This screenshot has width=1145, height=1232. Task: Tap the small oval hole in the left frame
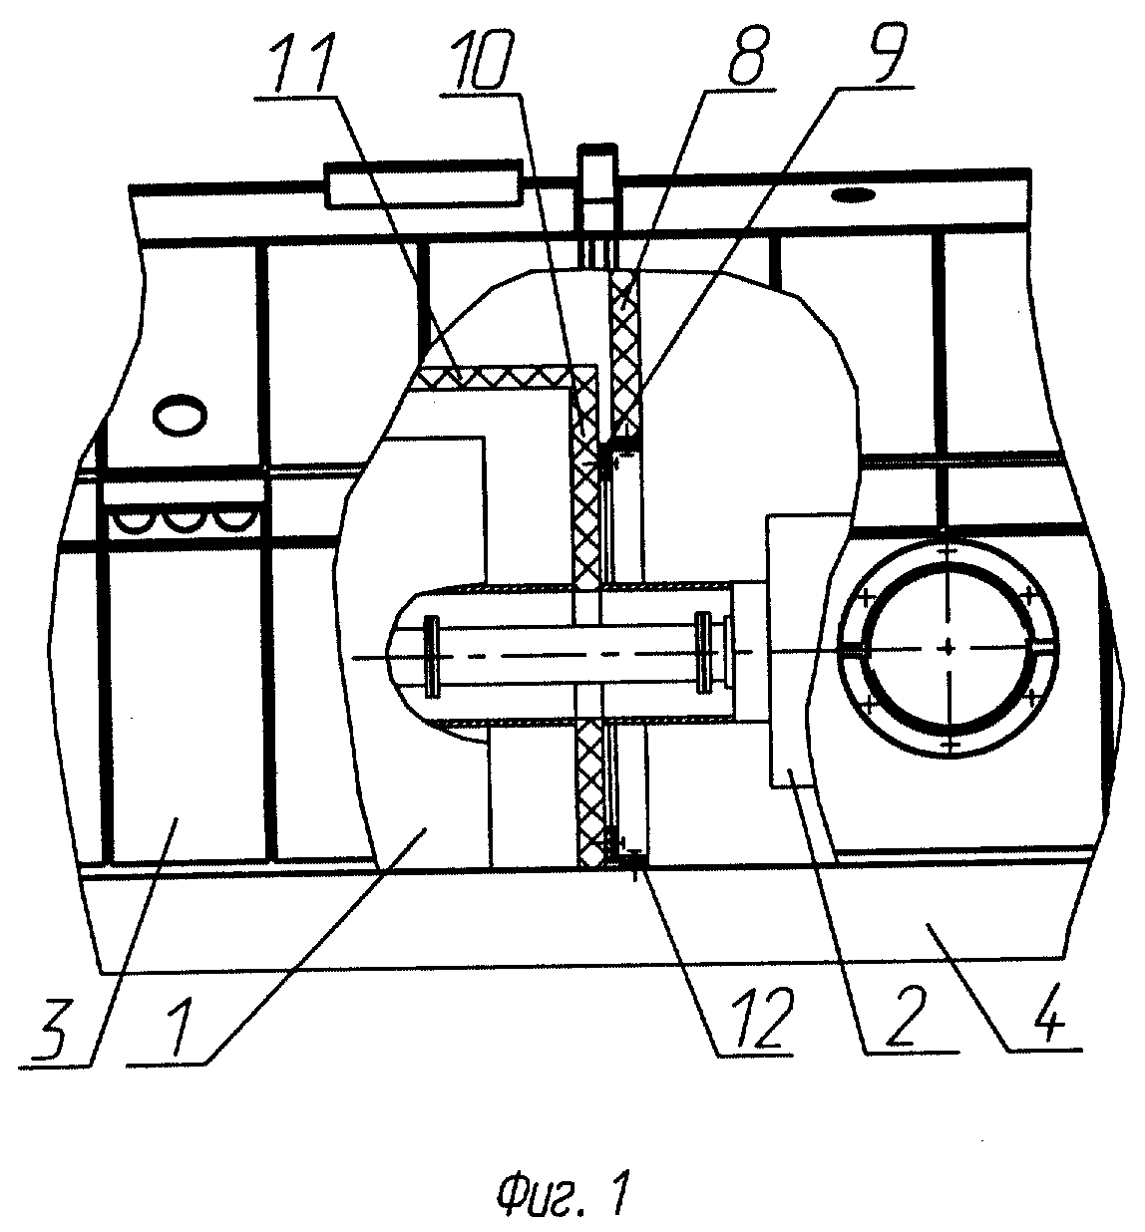point(181,413)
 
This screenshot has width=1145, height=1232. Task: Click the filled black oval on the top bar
point(853,196)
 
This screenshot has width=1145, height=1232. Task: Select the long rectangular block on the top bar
point(424,183)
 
